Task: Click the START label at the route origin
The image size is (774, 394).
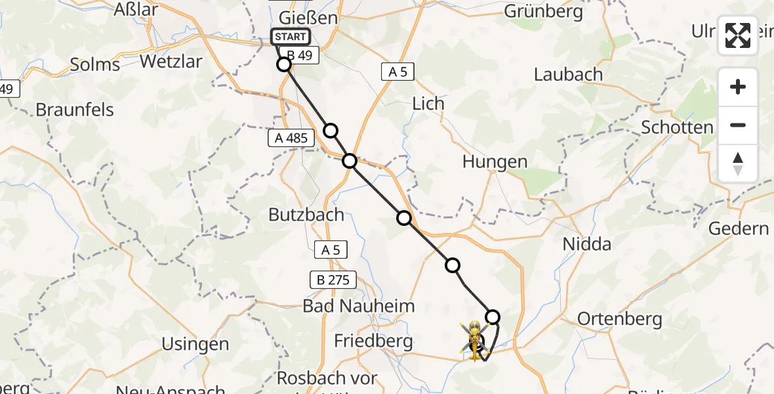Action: point(290,37)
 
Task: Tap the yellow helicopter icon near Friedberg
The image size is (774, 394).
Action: point(474,340)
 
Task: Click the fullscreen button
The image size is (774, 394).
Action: point(738,35)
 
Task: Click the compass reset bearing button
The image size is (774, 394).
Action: point(738,164)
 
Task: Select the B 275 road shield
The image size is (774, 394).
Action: point(333,280)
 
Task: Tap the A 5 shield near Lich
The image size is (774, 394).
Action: point(397,72)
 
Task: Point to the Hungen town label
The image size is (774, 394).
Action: point(495,162)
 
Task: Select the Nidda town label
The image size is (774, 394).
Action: point(587,244)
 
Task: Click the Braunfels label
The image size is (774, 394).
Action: point(75,109)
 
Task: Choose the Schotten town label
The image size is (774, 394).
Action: point(677,127)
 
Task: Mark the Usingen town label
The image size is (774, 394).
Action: point(196,343)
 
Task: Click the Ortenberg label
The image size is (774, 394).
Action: point(619,319)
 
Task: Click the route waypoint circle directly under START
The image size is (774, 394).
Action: point(284,64)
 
